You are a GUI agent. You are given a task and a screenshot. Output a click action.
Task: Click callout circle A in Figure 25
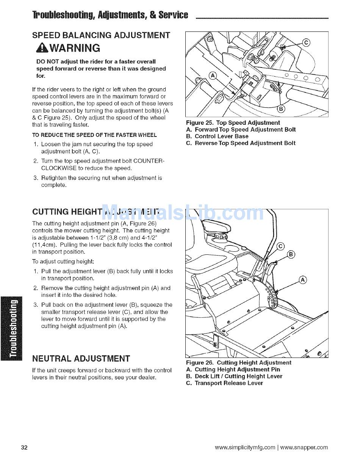tap(213, 76)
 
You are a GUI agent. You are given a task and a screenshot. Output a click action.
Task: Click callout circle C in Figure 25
tap(306, 42)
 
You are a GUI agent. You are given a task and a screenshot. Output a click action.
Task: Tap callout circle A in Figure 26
tap(303, 280)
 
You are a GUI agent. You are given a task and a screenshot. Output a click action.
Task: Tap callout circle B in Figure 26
tap(291, 254)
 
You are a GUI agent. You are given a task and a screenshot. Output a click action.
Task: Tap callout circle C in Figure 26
tap(280, 246)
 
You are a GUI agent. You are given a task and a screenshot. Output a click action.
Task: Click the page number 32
tap(24, 447)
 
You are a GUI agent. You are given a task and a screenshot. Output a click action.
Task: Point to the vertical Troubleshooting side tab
tap(12, 328)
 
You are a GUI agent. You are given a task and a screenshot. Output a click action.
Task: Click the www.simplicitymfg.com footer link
tap(245, 447)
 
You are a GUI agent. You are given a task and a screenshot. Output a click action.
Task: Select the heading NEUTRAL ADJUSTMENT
tap(81, 359)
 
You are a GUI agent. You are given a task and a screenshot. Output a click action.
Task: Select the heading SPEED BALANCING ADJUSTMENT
tap(101, 36)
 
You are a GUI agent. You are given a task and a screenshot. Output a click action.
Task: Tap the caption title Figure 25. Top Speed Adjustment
tap(233, 123)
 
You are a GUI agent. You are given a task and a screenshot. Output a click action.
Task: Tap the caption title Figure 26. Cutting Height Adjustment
tap(238, 363)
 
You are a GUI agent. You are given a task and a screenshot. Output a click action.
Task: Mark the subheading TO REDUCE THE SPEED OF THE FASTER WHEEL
tap(94, 135)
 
